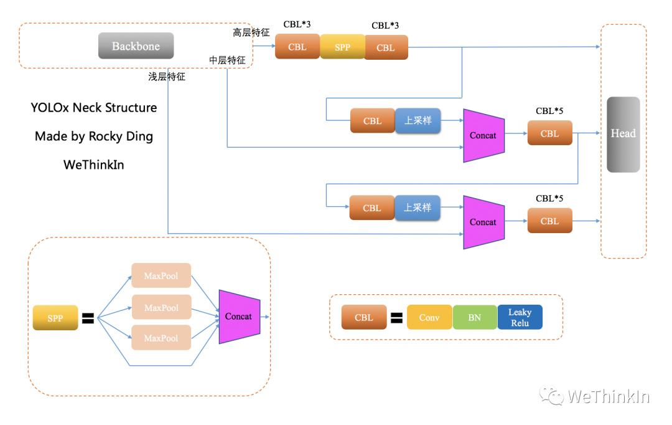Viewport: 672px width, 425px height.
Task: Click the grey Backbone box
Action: (x=136, y=46)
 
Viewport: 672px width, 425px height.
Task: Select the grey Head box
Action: (x=623, y=134)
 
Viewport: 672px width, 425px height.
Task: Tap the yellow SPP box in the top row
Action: (x=342, y=47)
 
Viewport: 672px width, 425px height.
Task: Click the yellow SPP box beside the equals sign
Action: (x=55, y=318)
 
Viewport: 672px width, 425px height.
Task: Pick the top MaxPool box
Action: (x=161, y=276)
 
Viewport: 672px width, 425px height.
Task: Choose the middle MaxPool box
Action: (x=161, y=307)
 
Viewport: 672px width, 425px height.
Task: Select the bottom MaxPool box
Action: (x=161, y=338)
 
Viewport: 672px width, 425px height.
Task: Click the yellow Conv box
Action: (x=429, y=317)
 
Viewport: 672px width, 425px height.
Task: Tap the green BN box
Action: (x=475, y=317)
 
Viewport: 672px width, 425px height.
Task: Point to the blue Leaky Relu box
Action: (x=520, y=317)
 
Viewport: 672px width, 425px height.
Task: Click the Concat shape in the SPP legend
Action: (x=239, y=317)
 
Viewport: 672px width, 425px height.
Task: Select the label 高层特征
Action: (x=251, y=32)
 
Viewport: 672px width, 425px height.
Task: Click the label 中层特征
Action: (x=227, y=60)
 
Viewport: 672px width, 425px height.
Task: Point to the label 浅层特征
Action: (x=167, y=77)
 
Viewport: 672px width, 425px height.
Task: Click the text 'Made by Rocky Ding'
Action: (x=94, y=136)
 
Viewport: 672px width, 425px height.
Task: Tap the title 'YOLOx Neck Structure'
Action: (x=94, y=107)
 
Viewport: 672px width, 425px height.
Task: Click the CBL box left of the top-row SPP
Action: (x=297, y=47)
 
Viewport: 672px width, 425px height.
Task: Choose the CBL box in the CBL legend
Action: (x=364, y=317)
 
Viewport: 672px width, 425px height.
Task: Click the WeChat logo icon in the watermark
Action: (x=551, y=395)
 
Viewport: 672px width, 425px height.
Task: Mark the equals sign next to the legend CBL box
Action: (x=396, y=318)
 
